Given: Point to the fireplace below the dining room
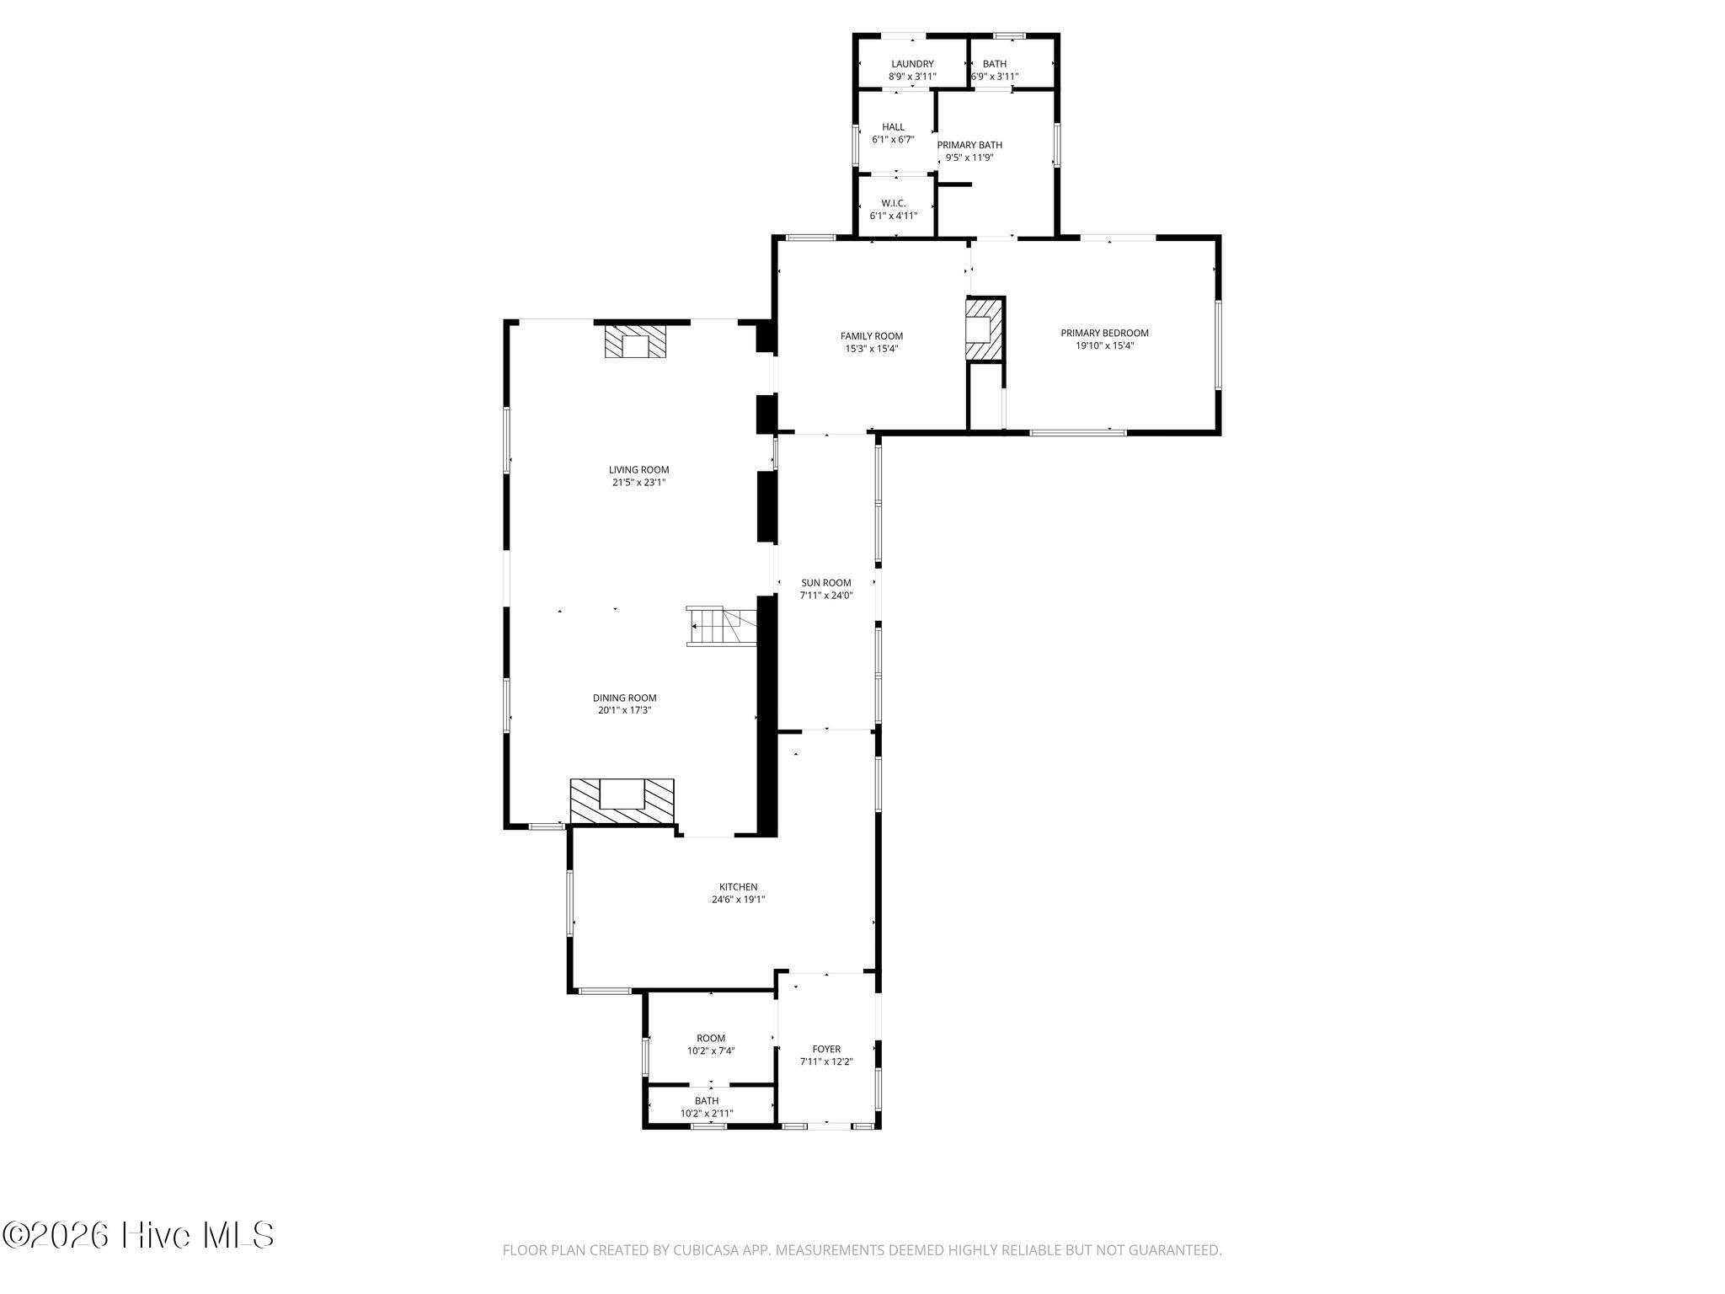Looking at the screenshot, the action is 622,801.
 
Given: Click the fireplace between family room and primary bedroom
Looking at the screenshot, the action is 985,329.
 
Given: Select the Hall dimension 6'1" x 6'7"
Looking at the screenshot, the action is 893,140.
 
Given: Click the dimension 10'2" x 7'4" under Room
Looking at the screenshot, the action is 711,1051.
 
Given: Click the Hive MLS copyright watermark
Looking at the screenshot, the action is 138,1236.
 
